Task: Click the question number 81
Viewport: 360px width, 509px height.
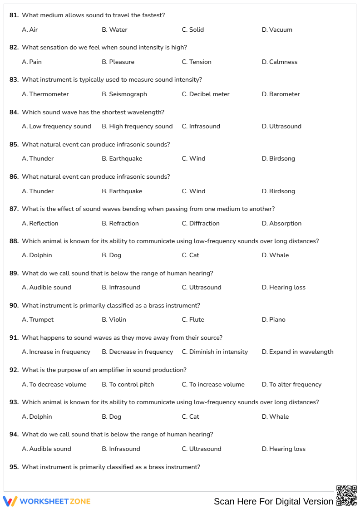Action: (14, 15)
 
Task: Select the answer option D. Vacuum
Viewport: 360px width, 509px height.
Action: (277, 30)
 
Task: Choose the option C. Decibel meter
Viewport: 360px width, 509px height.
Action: (206, 94)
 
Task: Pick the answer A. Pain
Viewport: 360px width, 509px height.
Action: (32, 62)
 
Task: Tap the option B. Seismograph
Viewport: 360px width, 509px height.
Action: (124, 94)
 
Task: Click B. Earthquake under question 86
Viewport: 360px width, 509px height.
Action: (122, 191)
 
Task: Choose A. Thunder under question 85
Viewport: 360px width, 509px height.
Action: (38, 159)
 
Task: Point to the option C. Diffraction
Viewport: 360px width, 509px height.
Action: (201, 224)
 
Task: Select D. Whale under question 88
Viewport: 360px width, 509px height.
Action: (275, 255)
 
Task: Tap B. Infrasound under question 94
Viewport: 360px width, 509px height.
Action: (121, 449)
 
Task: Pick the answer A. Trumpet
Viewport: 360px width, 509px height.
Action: (38, 320)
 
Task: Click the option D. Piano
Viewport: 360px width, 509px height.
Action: (274, 320)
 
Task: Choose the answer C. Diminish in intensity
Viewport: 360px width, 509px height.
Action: (215, 352)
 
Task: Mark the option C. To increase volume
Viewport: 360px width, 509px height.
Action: (213, 385)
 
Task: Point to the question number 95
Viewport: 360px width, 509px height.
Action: (14, 467)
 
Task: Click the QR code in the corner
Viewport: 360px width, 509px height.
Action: (346, 495)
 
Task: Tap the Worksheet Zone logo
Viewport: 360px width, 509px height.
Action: (47, 501)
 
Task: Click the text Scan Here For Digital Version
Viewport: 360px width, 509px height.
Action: (273, 502)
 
